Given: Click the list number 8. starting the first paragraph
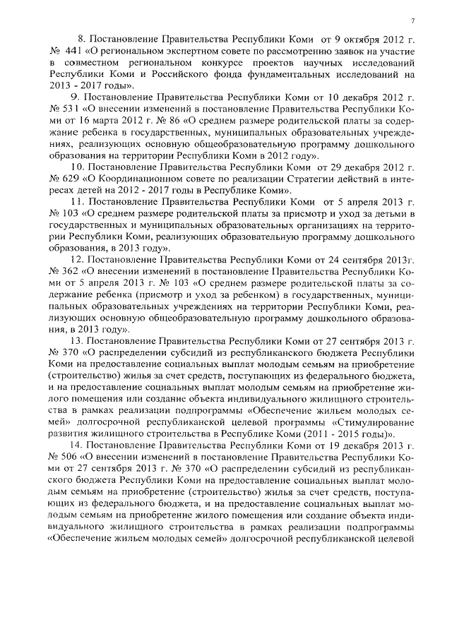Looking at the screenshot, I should click(x=80, y=40).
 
